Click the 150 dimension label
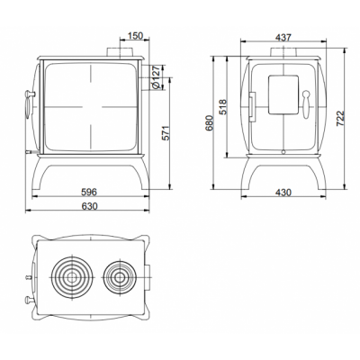(x=135, y=35)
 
